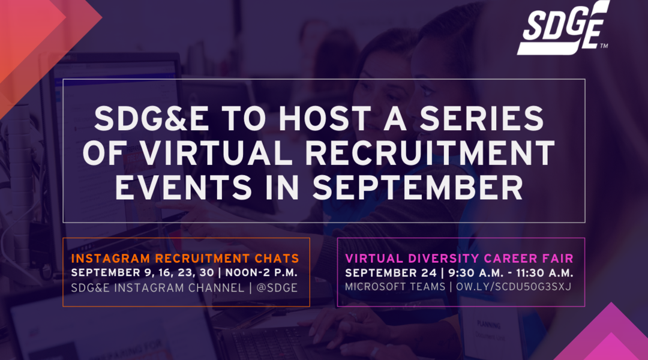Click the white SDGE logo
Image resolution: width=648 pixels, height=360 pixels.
[x=563, y=28]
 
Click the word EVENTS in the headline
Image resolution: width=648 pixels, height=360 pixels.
[x=184, y=187]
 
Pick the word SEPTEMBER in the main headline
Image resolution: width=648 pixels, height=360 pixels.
[x=418, y=187]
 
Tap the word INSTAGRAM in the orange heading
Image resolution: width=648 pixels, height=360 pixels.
[x=110, y=259]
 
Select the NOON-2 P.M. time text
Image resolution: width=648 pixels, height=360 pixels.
[x=261, y=273]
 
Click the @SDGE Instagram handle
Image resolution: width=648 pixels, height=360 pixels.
[x=277, y=287]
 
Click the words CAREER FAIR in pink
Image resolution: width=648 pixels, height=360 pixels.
[x=529, y=259]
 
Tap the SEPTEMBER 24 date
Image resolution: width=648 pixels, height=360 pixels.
[x=391, y=273]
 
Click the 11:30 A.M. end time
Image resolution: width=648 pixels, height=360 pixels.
[x=545, y=273]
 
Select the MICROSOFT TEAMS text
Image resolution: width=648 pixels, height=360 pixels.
[x=395, y=287]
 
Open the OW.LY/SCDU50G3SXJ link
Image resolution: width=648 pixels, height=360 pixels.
[x=514, y=287]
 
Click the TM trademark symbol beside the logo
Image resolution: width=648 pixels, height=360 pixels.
[x=604, y=46]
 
